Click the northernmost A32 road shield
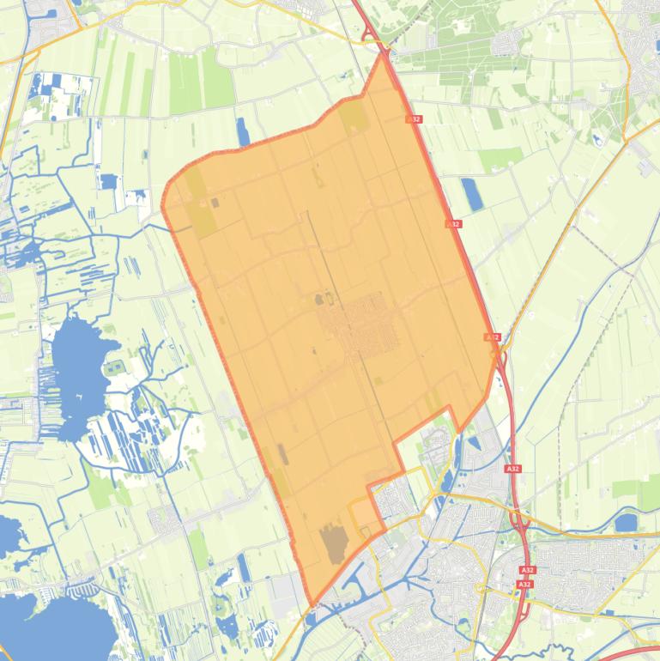tap(415, 119)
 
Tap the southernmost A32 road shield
tap(525, 584)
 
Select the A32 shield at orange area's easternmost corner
tap(492, 337)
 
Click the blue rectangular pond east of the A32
tap(471, 193)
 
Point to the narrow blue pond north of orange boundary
tap(243, 131)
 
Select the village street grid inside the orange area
tap(360, 325)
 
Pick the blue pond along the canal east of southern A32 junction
tap(627, 522)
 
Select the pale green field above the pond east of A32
tap(500, 158)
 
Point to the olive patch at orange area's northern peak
tap(354, 118)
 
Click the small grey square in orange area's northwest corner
tap(215, 203)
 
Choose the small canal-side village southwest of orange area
tap(163, 519)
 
